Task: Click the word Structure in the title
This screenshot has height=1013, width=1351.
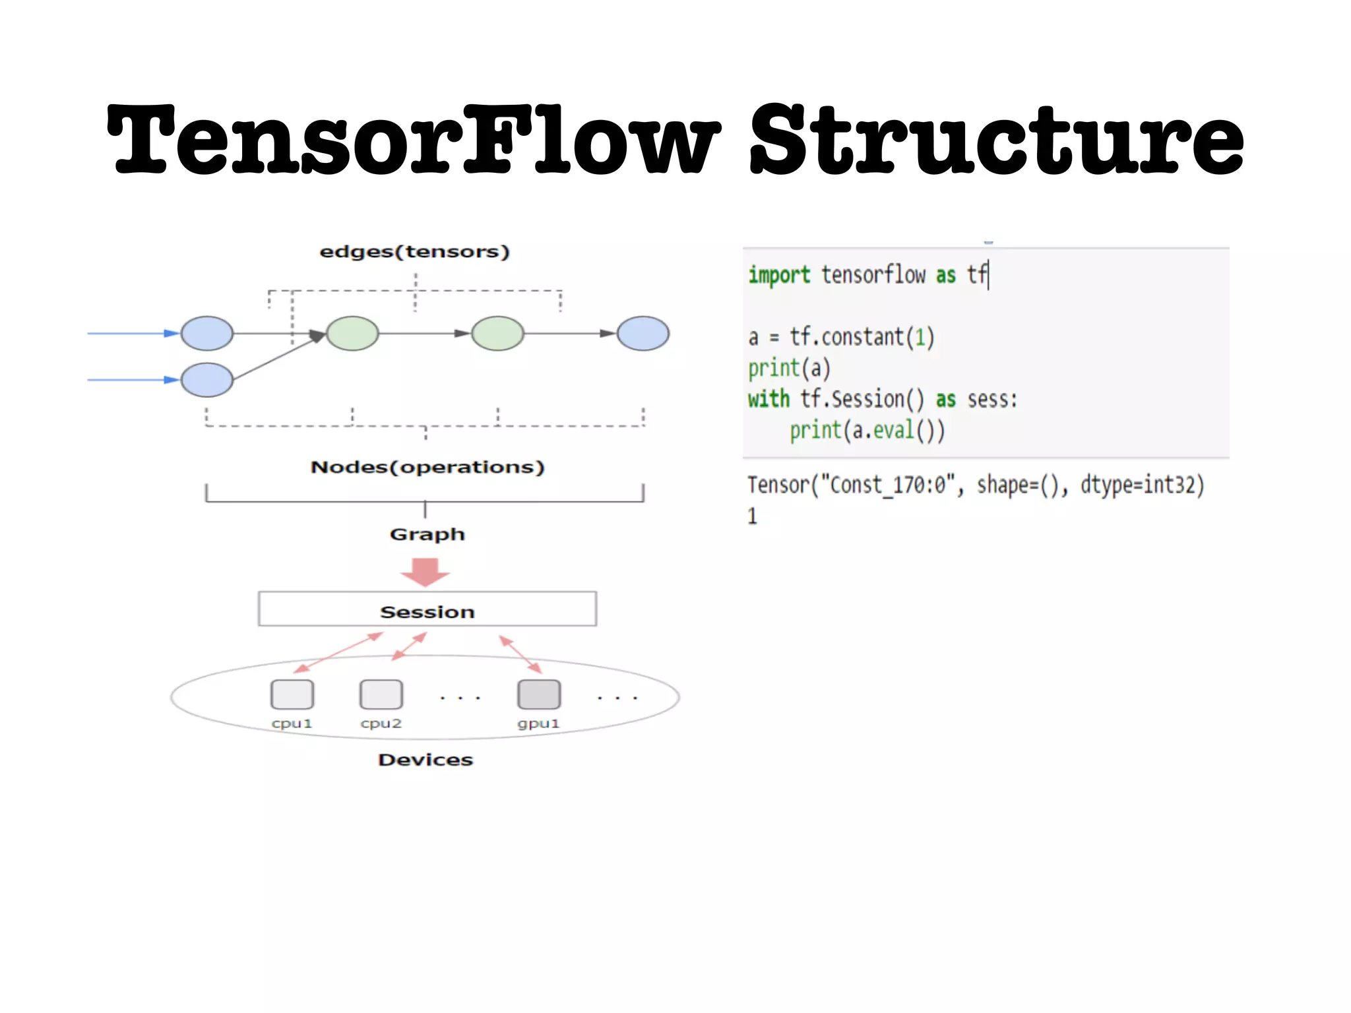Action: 996,140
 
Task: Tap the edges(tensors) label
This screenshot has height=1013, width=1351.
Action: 414,252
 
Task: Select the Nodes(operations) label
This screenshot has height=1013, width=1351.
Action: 427,467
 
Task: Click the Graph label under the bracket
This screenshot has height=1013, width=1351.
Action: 427,534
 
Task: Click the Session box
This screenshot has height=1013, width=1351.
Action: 427,609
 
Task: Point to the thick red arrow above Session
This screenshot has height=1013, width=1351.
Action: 425,572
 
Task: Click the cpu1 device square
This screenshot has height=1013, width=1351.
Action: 292,694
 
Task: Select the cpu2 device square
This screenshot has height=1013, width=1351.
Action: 381,694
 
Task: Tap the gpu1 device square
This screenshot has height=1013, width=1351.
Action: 539,694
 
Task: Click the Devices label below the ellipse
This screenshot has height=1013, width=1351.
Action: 425,760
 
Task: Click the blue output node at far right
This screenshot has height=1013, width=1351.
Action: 643,333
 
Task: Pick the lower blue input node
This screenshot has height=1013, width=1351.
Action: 207,380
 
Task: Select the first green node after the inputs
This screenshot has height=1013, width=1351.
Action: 353,333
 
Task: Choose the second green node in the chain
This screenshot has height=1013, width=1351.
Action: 498,333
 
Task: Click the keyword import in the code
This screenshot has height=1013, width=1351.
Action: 779,275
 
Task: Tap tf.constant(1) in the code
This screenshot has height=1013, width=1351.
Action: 862,337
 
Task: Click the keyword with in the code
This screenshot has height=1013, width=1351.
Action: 769,399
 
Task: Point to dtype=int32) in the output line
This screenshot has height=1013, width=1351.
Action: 1142,485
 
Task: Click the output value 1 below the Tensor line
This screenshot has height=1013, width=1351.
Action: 753,516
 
